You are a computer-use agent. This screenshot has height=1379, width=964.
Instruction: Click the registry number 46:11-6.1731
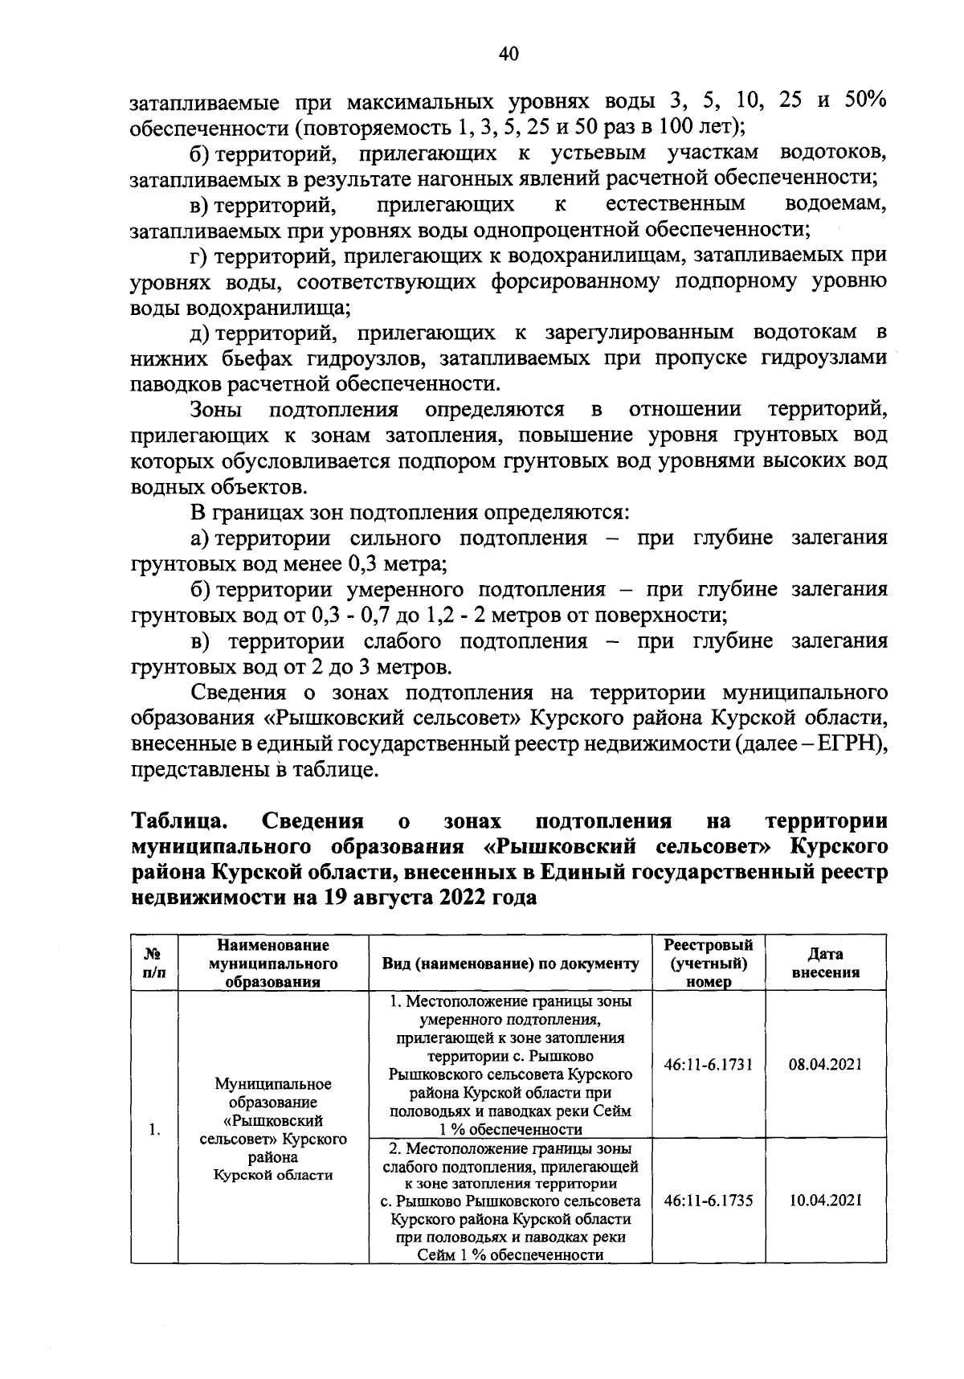[709, 1065]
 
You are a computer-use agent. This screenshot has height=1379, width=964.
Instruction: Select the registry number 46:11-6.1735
[709, 1201]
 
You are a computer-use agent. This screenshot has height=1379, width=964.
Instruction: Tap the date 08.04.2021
[826, 1065]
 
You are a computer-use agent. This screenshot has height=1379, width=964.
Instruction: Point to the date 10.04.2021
[826, 1201]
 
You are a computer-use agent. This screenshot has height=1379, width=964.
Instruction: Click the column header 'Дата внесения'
[826, 963]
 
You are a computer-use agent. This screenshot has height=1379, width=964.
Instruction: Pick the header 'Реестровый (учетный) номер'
[709, 963]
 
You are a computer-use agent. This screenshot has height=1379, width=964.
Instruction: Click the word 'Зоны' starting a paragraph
[216, 410]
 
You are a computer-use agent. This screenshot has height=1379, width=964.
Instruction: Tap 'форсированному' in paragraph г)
[569, 281]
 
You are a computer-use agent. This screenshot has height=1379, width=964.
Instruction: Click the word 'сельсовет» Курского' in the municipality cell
[273, 1140]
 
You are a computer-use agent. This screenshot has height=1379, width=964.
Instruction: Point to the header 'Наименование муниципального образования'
[273, 963]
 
